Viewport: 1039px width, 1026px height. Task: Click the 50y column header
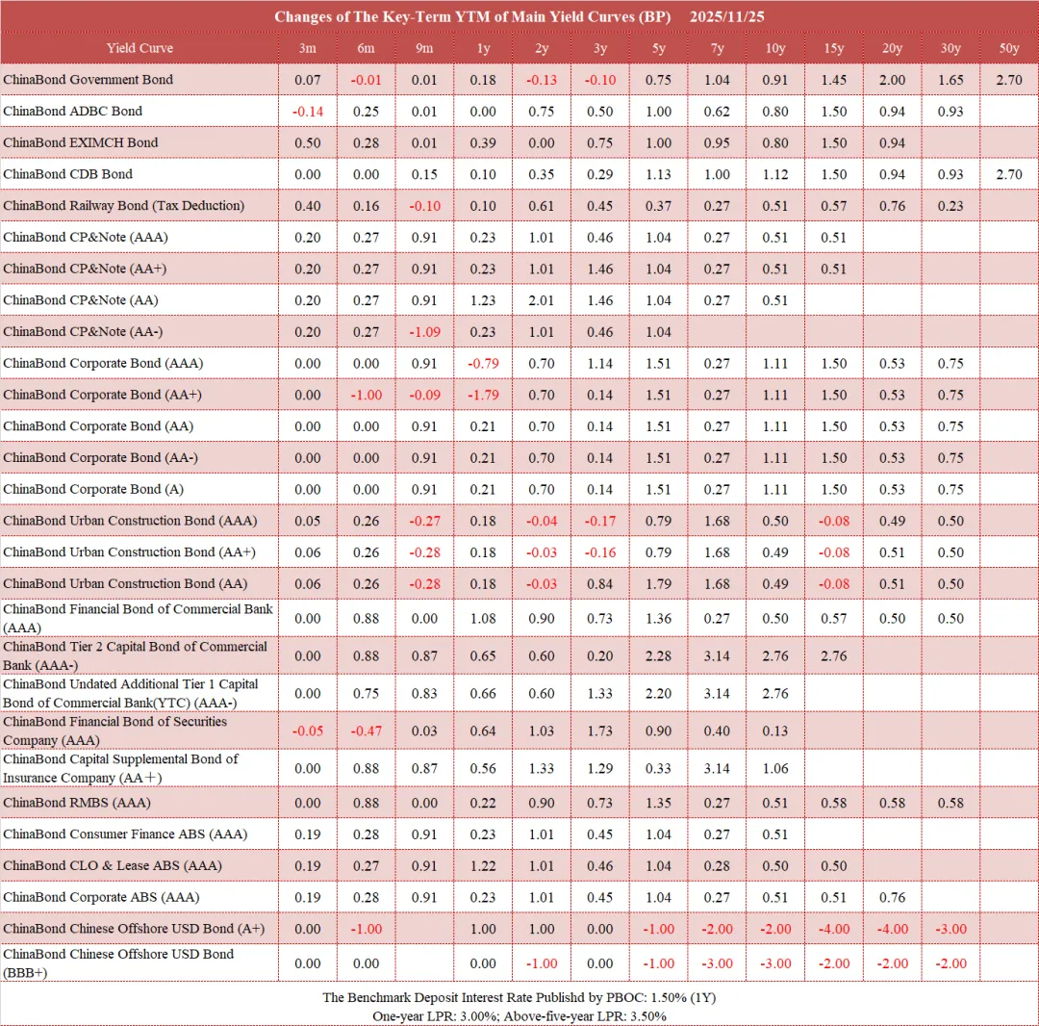coord(1009,48)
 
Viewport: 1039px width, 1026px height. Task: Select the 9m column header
coord(424,48)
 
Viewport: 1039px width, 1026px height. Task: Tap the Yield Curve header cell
coord(139,48)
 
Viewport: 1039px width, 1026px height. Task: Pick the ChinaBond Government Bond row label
coord(89,80)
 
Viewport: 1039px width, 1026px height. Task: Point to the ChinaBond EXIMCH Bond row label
coord(81,142)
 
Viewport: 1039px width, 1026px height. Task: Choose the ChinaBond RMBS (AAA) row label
coord(77,803)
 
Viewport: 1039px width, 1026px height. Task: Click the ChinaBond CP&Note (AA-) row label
coord(78,331)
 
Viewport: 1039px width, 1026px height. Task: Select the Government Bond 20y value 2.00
coord(892,80)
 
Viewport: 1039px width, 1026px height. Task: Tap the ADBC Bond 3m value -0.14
coord(307,112)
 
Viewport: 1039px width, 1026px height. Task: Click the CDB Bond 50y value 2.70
coord(1009,174)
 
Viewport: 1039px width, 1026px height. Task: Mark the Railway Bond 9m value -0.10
coord(424,206)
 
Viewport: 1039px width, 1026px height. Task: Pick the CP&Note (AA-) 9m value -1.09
coord(424,331)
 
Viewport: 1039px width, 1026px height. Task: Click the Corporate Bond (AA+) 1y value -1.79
coord(483,395)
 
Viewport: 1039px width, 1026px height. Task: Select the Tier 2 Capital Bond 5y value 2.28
coord(659,656)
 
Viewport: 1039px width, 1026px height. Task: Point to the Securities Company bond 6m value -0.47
coord(366,731)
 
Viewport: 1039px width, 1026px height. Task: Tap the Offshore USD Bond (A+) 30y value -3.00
coord(950,929)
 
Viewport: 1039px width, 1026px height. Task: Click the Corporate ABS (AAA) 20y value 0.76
coord(892,897)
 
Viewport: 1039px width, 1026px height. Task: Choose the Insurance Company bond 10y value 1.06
coord(775,769)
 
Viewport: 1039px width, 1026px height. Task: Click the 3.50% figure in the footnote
coord(647,1015)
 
